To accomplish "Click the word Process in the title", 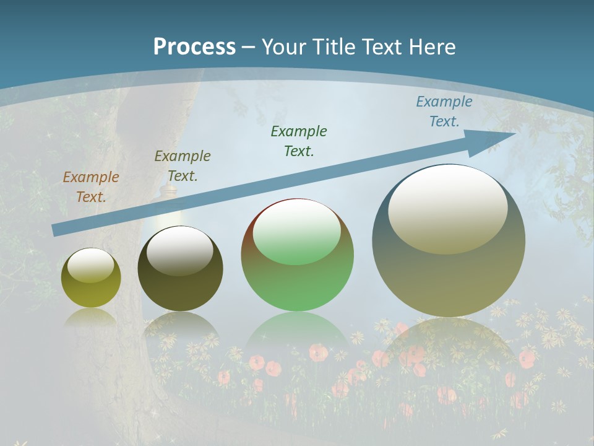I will [x=194, y=46].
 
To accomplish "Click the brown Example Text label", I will [x=91, y=187].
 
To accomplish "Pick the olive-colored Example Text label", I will [x=183, y=165].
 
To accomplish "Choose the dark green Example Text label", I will [x=299, y=141].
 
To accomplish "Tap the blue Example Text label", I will [x=444, y=111].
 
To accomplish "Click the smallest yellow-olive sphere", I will [x=91, y=278].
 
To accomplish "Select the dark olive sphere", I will [x=180, y=269].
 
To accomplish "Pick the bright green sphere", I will [x=297, y=255].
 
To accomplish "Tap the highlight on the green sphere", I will [x=297, y=232].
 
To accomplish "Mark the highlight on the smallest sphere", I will [x=91, y=265].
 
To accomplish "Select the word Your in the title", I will [x=283, y=46].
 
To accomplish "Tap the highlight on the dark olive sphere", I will [x=180, y=250].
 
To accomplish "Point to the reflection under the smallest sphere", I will [x=91, y=317].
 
